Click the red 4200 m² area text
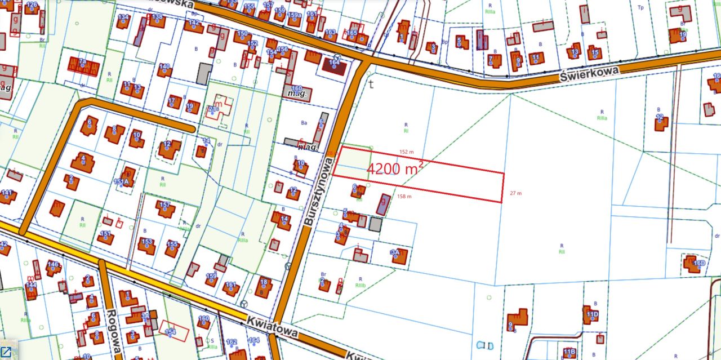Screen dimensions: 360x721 (x=395, y=168)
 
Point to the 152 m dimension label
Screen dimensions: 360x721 (x=406, y=152)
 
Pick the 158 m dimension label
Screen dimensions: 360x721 (x=404, y=197)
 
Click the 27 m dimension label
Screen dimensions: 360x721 (x=515, y=193)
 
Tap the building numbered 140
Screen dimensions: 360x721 (x=164, y=70)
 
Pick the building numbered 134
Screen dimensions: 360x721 (x=123, y=21)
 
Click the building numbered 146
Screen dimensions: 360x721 (x=53, y=268)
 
